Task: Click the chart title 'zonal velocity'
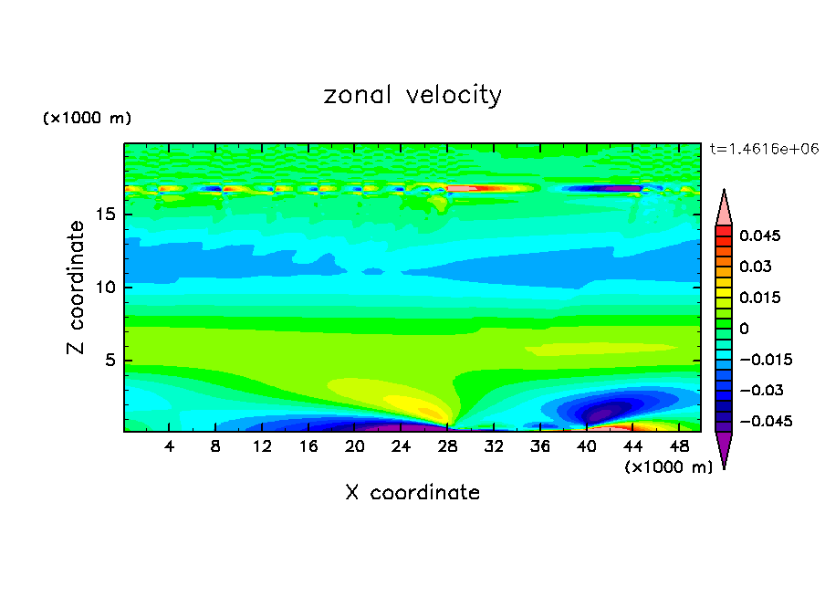[x=412, y=95]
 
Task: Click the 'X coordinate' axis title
[x=412, y=493]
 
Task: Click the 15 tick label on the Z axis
[x=106, y=215]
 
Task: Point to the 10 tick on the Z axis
[x=106, y=288]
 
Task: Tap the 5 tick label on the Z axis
[x=110, y=360]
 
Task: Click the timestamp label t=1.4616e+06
[x=765, y=148]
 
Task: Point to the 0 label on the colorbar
[x=744, y=329]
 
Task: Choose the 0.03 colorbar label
[x=754, y=267]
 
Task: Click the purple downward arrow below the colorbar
[x=724, y=449]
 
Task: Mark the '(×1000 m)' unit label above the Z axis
[x=87, y=119]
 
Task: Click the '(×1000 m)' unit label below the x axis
[x=668, y=467]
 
